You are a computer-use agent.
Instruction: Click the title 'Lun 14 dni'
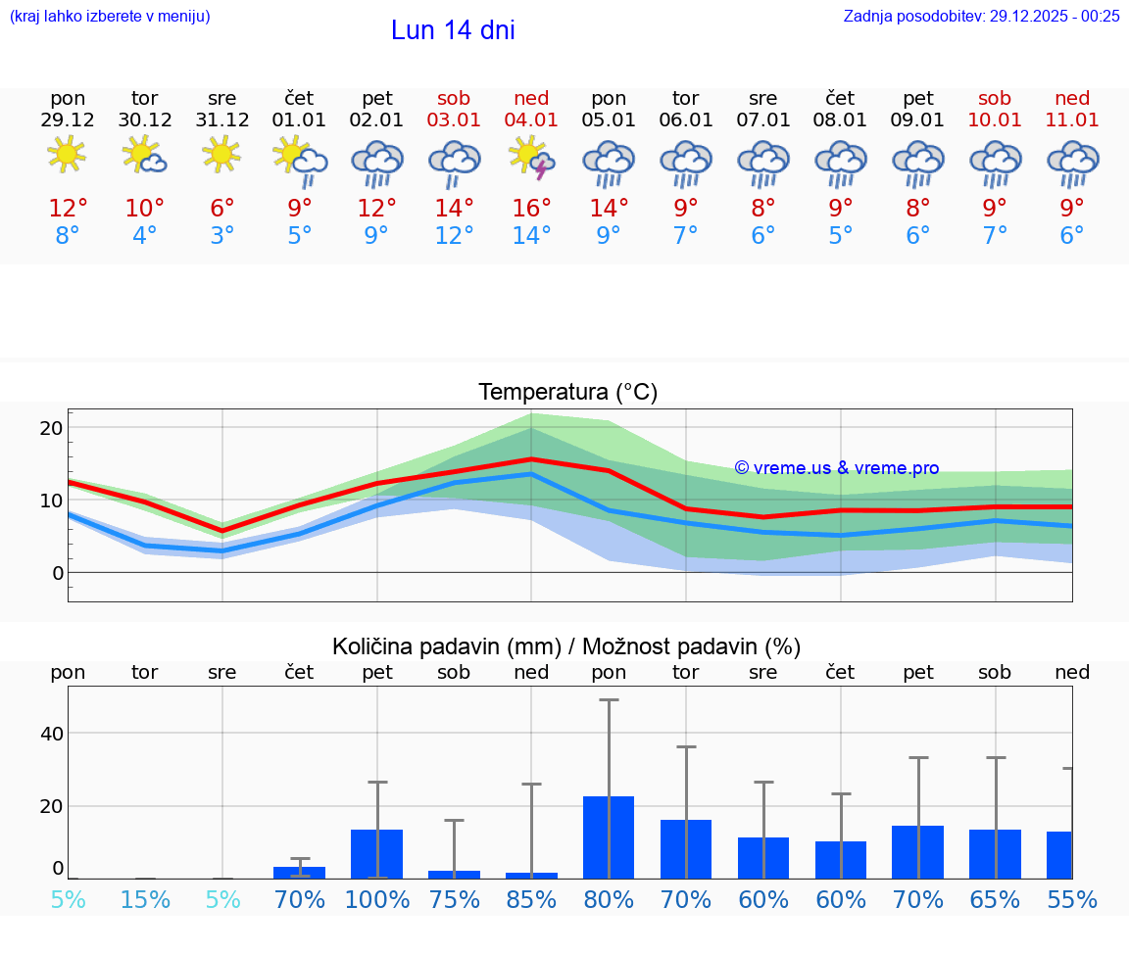pyautogui.click(x=453, y=30)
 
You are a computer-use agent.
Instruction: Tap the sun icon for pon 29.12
pyautogui.click(x=67, y=155)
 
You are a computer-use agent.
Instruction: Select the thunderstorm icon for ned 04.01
pyautogui.click(x=531, y=158)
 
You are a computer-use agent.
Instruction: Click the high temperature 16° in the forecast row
pyautogui.click(x=531, y=209)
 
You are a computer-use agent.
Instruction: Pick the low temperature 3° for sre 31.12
pyautogui.click(x=222, y=236)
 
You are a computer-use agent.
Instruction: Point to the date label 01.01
pyautogui.click(x=299, y=120)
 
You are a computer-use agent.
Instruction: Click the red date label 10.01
pyautogui.click(x=995, y=120)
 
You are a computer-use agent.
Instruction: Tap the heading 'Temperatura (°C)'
pyautogui.click(x=567, y=393)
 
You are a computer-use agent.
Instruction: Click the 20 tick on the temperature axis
pyautogui.click(x=51, y=428)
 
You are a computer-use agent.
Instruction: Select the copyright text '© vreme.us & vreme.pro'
pyautogui.click(x=836, y=468)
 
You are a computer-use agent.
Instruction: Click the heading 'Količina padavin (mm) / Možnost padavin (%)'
pyautogui.click(x=566, y=646)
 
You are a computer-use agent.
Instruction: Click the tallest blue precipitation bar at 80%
pyautogui.click(x=608, y=836)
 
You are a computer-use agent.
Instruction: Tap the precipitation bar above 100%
pyautogui.click(x=376, y=853)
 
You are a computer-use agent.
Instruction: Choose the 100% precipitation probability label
pyautogui.click(x=376, y=899)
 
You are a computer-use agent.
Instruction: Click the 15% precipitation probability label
pyautogui.click(x=145, y=899)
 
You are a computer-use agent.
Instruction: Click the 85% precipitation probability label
pyautogui.click(x=531, y=899)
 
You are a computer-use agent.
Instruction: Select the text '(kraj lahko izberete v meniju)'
pyautogui.click(x=110, y=16)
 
